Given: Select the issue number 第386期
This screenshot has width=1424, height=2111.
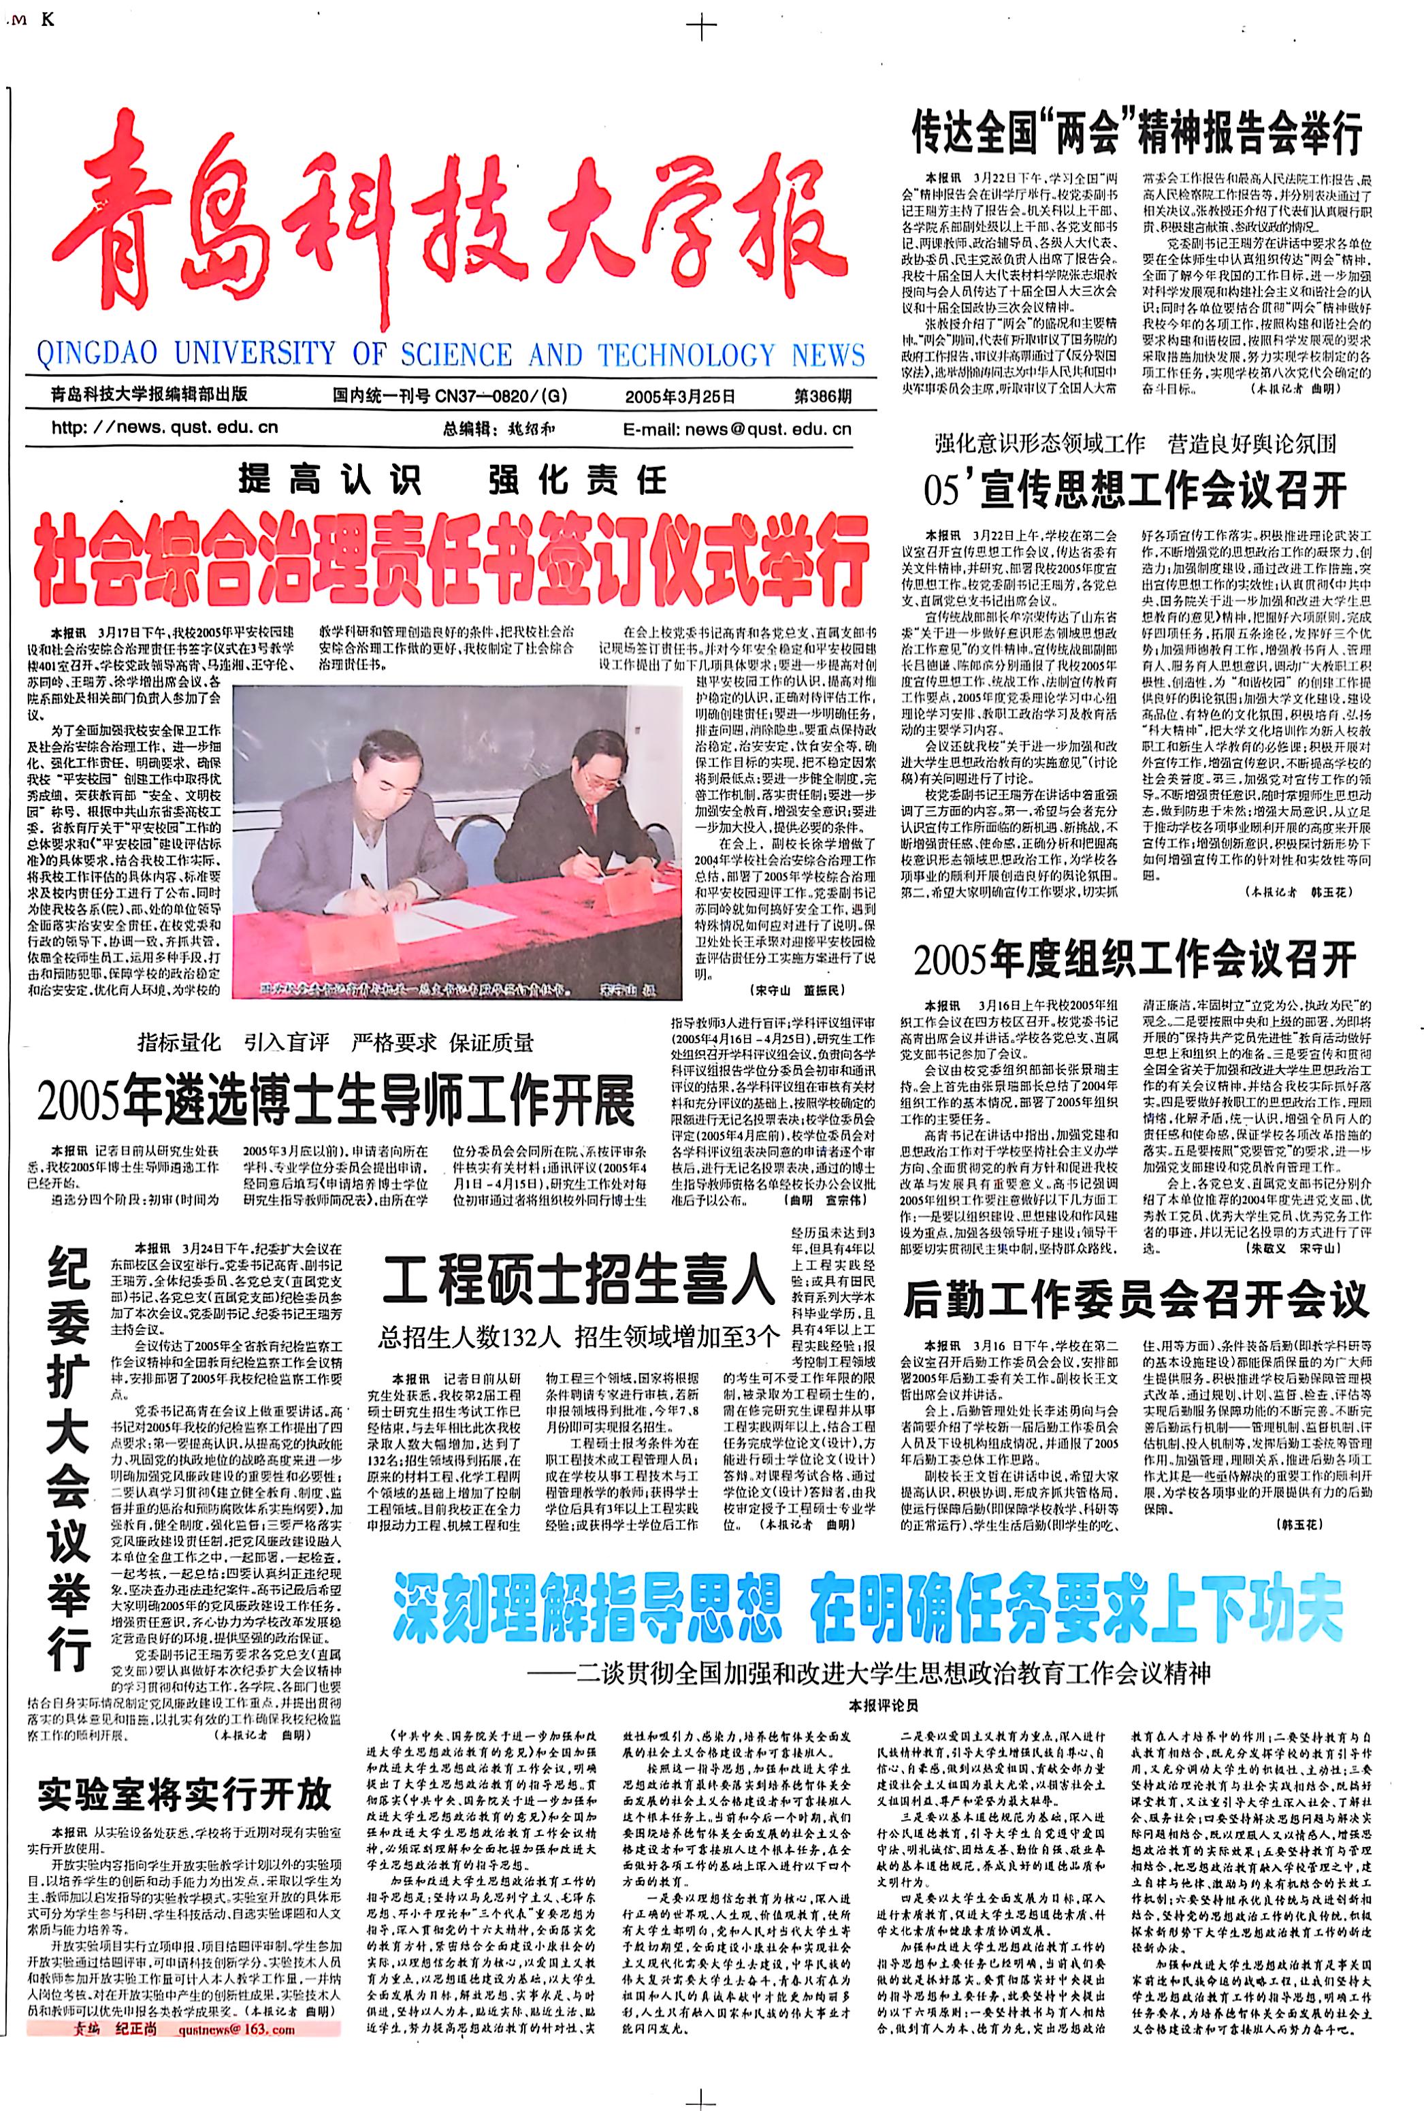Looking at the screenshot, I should point(823,396).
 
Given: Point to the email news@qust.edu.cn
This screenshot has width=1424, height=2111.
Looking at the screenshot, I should point(737,429).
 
